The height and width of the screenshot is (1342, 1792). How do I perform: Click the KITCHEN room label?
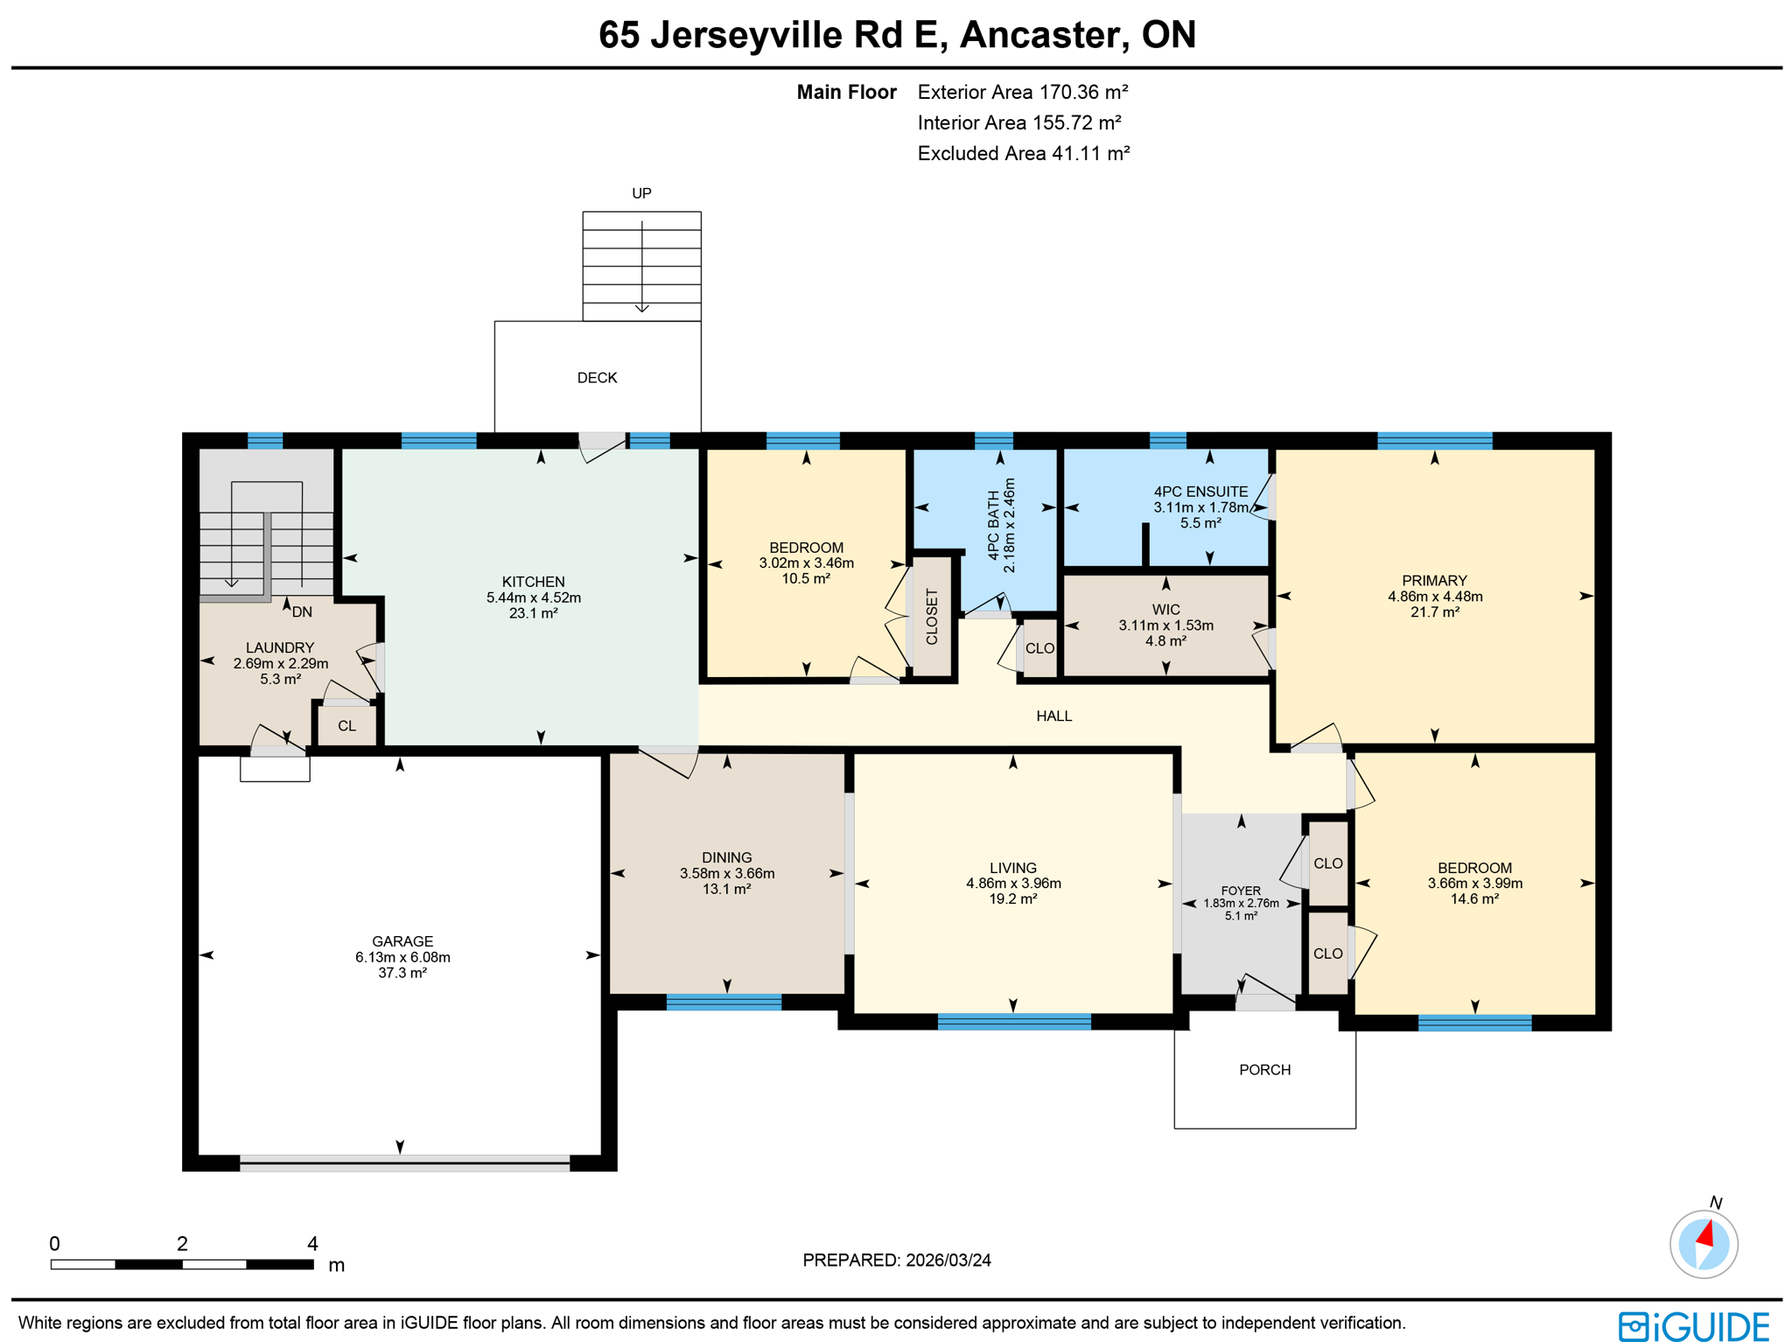(x=533, y=582)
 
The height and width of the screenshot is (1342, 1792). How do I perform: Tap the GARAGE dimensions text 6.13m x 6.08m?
(x=402, y=957)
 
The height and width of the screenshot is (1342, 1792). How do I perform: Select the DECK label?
(x=597, y=378)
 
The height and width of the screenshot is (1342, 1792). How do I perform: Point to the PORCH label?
(x=1264, y=1070)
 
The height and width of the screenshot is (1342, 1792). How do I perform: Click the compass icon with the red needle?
(x=1703, y=1243)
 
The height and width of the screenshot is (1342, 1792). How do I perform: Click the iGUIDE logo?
(x=1693, y=1325)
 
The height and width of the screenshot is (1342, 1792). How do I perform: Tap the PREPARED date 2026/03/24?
(x=948, y=1260)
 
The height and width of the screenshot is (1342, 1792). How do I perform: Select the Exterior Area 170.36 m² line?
(x=1022, y=92)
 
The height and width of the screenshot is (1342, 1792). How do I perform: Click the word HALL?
(x=1053, y=716)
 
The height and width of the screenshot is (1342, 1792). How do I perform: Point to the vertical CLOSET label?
(x=932, y=617)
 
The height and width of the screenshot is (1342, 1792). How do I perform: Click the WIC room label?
(x=1165, y=610)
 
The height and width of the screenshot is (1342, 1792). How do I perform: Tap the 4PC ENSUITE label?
(x=1200, y=492)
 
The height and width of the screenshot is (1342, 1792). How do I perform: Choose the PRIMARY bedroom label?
(x=1434, y=580)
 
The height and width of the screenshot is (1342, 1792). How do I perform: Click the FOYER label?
(x=1241, y=891)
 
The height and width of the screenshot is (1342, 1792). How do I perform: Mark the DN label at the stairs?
(x=302, y=612)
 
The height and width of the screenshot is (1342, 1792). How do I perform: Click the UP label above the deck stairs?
(x=641, y=193)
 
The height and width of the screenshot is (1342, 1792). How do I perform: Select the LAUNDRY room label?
(x=279, y=647)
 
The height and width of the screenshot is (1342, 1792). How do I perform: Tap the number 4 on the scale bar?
(x=312, y=1243)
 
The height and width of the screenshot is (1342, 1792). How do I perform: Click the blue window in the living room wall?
(x=1013, y=1021)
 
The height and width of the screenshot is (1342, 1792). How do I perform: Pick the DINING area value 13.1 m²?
(x=726, y=889)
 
